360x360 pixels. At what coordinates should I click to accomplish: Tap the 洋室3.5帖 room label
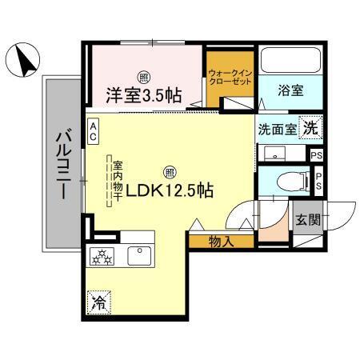pos(144,95)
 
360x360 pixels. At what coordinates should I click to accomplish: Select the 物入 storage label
pos(220,240)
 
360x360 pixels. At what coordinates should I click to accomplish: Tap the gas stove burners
pos(105,256)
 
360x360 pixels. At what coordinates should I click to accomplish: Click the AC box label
pos(94,131)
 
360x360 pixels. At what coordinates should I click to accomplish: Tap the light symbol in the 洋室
pos(143,78)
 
